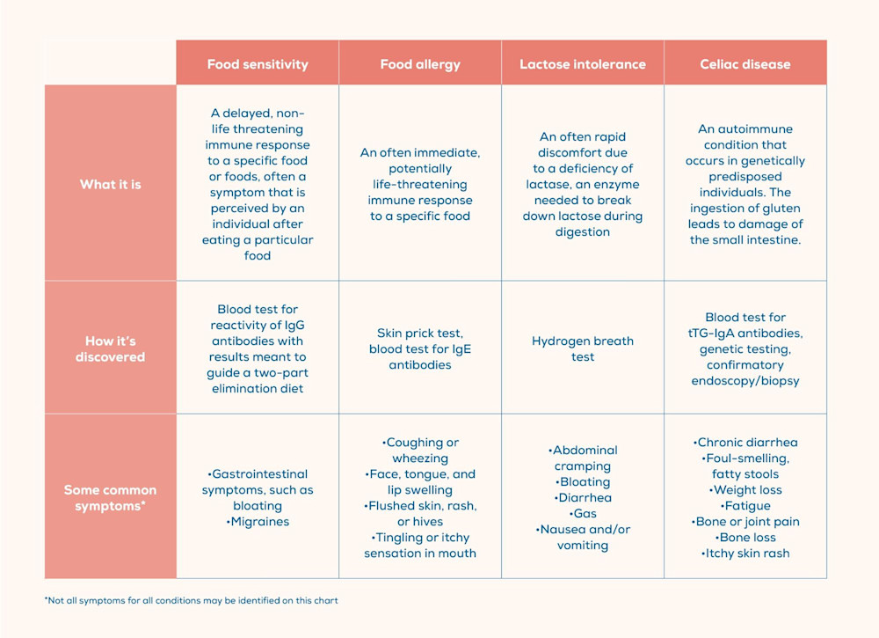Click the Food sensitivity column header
[258, 64]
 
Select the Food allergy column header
[420, 64]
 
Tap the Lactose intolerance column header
[582, 64]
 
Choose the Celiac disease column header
[745, 64]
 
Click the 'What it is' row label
[110, 184]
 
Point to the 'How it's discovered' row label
[110, 348]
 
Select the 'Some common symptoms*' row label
[110, 497]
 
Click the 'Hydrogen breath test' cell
[582, 348]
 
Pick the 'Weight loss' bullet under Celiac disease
[746, 490]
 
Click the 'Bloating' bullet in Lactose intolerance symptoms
[583, 482]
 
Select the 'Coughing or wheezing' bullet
[420, 450]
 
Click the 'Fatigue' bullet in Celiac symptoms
[746, 506]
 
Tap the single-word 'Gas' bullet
[583, 514]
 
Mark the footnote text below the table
[191, 601]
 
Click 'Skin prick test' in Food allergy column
[420, 333]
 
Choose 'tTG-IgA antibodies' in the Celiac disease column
[745, 333]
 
